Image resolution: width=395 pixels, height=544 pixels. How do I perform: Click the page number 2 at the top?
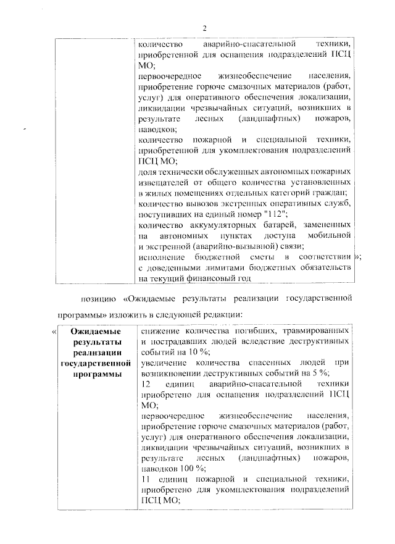(205, 27)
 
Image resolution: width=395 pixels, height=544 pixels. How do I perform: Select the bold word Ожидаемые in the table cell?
(94, 332)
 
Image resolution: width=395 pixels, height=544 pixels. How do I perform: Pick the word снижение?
(159, 332)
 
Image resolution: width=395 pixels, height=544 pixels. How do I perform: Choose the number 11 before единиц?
(146, 479)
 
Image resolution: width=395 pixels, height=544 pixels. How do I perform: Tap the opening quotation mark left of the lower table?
(53, 333)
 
